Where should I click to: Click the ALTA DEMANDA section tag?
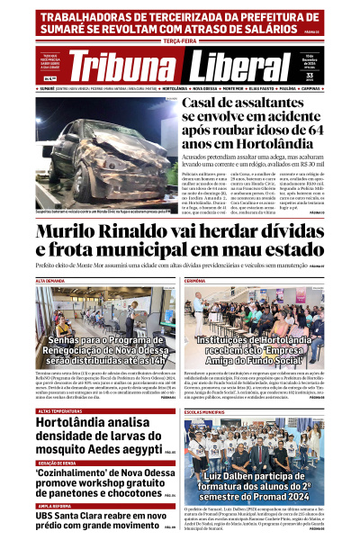tap(52, 281)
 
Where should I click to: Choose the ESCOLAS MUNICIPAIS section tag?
tap(208, 385)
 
